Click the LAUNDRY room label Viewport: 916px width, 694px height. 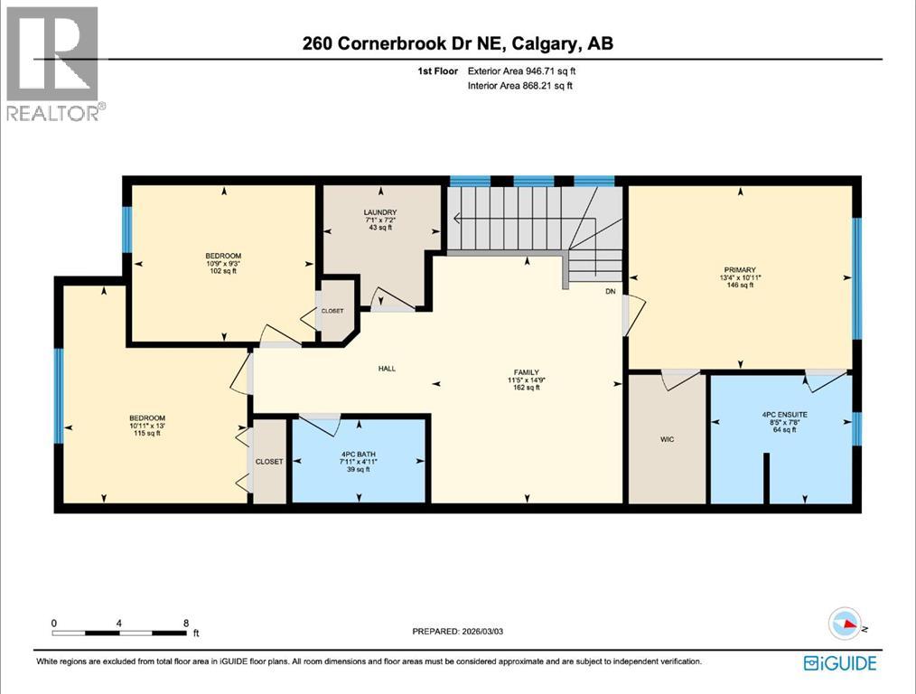click(x=380, y=212)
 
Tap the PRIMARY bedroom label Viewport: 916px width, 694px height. click(x=738, y=268)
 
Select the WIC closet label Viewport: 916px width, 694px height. click(x=667, y=439)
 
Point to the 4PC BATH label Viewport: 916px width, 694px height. click(x=358, y=454)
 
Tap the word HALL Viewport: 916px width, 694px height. click(x=387, y=368)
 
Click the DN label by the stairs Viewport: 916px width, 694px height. click(x=611, y=291)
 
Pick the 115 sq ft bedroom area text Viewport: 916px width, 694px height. click(x=147, y=433)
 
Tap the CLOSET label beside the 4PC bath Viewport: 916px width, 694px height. click(x=269, y=461)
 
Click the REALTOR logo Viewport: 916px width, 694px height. click(x=54, y=63)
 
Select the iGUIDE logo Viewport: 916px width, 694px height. click(x=840, y=662)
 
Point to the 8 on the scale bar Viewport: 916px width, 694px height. click(x=185, y=623)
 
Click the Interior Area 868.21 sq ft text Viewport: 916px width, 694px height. click(x=520, y=86)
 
